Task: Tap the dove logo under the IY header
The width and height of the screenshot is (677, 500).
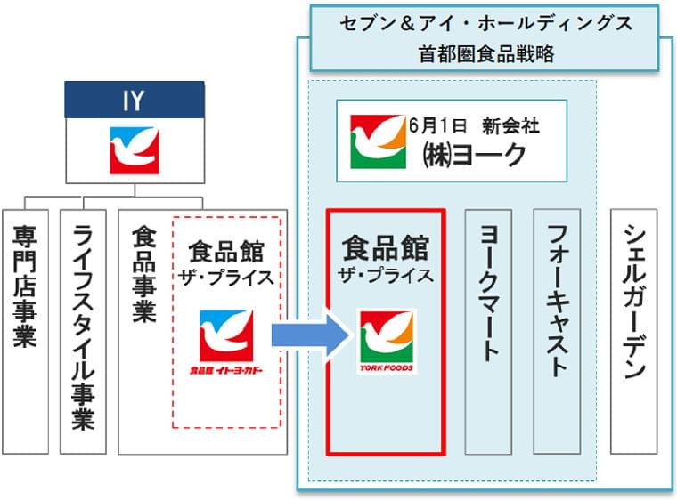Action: point(134,149)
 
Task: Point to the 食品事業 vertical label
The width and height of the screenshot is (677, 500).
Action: point(143,275)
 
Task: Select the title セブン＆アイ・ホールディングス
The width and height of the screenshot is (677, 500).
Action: point(485,24)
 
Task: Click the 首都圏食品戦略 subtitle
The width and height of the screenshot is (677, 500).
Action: point(485,53)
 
